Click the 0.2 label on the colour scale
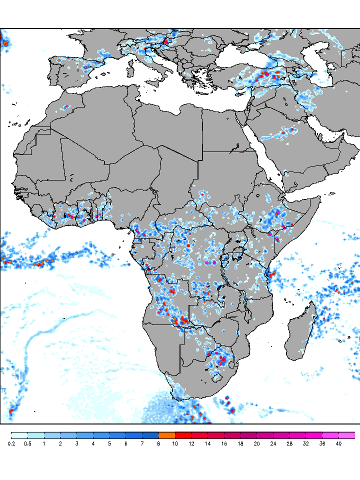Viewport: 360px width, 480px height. click(11, 443)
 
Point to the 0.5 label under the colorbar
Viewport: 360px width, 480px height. click(27, 443)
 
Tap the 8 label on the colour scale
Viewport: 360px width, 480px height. click(158, 443)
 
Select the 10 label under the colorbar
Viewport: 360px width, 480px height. click(175, 443)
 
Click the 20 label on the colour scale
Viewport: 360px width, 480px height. click(256, 443)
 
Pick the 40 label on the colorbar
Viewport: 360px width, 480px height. click(338, 443)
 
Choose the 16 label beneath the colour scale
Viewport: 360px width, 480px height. click(224, 443)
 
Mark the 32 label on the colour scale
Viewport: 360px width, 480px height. click(305, 443)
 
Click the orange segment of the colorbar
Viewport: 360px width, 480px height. click(166, 435)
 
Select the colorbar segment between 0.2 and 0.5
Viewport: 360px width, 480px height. click(19, 435)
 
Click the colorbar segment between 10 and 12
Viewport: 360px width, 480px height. click(183, 435)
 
